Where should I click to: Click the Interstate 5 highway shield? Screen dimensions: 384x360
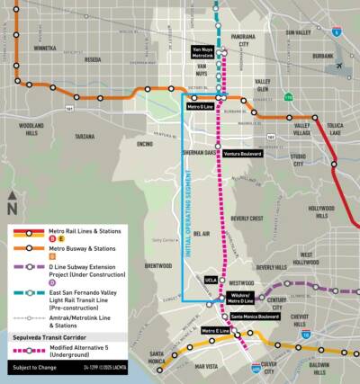click(336, 31)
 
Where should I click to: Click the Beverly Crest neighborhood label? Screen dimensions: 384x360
click(247, 218)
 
